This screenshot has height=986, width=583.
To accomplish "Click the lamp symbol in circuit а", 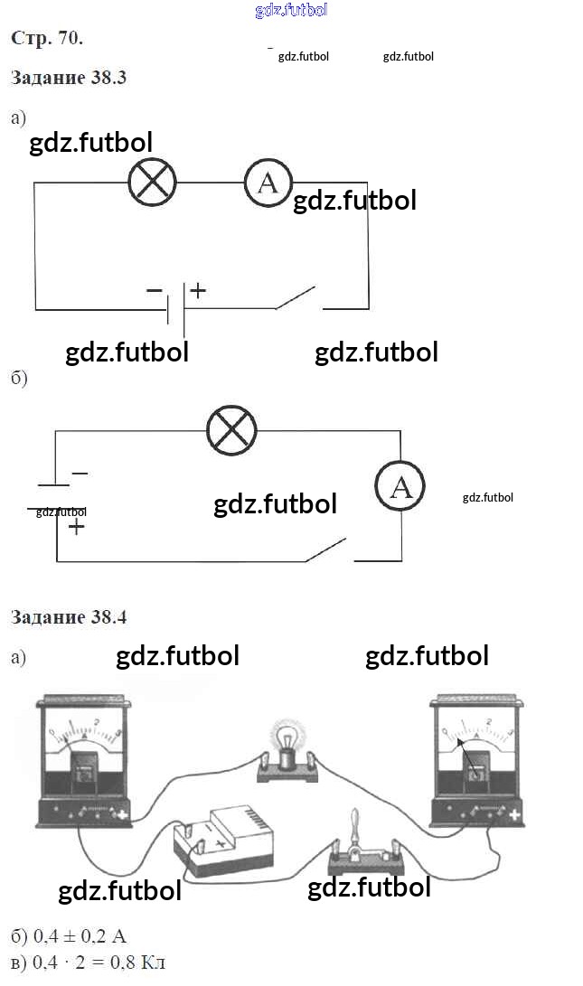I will point(152,183).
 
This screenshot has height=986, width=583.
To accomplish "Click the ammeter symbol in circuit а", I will point(268,183).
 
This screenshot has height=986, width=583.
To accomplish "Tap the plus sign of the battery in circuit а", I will point(198,291).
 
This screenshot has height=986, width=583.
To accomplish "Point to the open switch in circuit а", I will point(296,298).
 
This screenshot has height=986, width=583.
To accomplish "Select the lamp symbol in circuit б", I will point(232,431).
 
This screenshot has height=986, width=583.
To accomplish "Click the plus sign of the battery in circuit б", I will point(77,527).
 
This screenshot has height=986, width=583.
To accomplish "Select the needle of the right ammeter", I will point(469,752).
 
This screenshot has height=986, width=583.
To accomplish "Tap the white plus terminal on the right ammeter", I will point(514,816).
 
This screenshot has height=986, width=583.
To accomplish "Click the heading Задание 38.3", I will point(69,78).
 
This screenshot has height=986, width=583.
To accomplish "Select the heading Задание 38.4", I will point(69,618).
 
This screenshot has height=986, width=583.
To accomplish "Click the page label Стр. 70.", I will point(47,38).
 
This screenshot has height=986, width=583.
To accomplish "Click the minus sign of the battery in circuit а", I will point(154,291).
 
